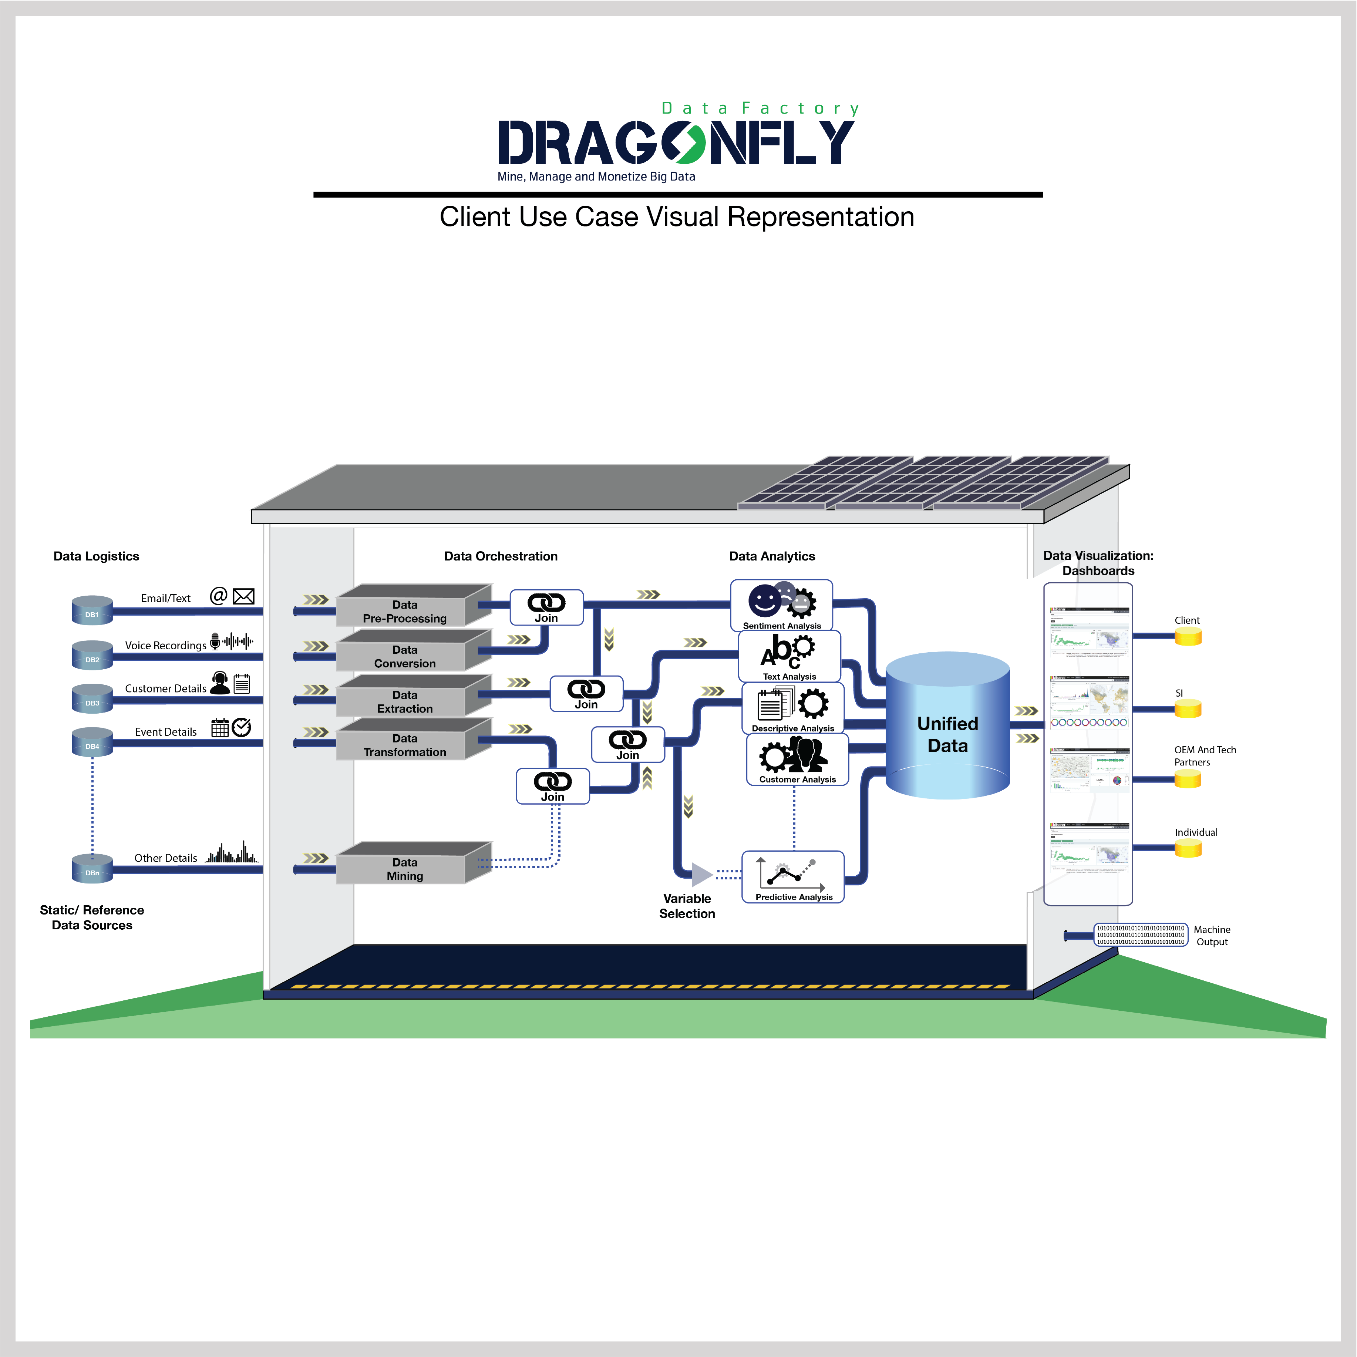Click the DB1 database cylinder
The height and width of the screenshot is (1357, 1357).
(x=92, y=610)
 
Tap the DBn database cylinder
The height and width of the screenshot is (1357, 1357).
(x=92, y=869)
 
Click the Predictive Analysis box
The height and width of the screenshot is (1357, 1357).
(x=793, y=876)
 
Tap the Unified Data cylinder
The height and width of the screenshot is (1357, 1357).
(x=947, y=727)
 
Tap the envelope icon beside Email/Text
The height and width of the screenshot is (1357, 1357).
(x=243, y=596)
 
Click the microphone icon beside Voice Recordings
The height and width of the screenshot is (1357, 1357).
(x=215, y=640)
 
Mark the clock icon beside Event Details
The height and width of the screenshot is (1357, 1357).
(x=242, y=728)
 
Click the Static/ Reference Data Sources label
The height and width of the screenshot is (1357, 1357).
(x=92, y=917)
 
